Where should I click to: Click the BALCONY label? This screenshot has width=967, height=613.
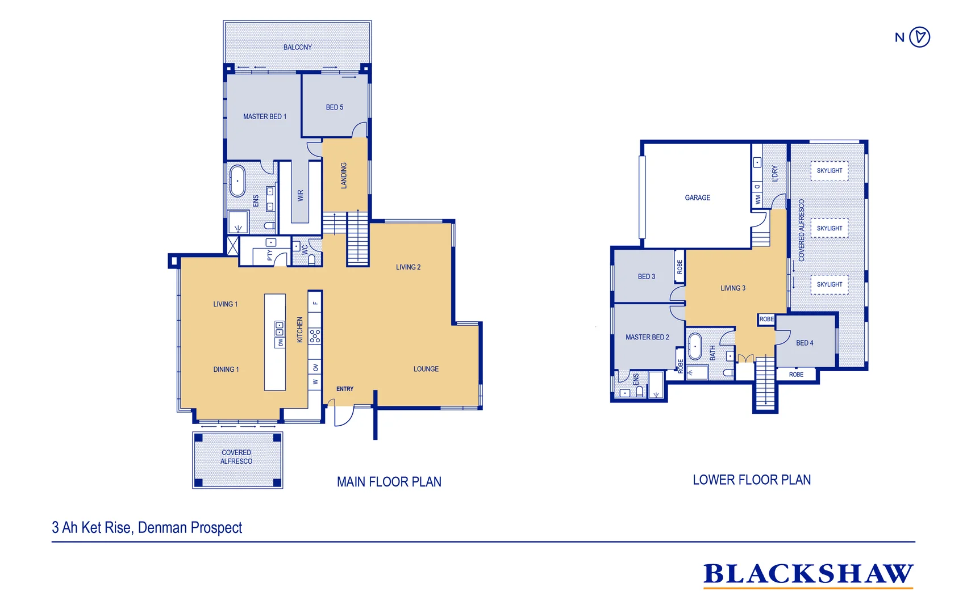coord(297,47)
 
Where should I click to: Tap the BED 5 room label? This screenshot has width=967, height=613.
coord(334,107)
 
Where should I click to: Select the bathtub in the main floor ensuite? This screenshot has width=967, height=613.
coord(237,180)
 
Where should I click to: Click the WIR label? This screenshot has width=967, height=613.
coord(301,195)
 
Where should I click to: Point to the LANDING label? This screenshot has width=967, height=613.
coord(344,175)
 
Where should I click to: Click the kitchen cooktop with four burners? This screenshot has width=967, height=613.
coord(315,336)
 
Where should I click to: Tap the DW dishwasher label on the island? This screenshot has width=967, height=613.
coord(280,342)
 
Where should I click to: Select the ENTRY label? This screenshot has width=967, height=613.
coord(344,389)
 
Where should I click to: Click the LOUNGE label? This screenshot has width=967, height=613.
coord(426,369)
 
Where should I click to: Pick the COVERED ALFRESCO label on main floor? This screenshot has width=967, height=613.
coord(236,457)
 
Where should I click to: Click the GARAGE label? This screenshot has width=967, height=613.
coord(697,198)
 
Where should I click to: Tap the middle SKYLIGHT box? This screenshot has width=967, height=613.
coord(829,228)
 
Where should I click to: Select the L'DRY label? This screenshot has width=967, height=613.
coord(774,174)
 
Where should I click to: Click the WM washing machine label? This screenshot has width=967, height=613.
coord(758,200)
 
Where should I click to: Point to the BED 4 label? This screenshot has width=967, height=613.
coord(804,343)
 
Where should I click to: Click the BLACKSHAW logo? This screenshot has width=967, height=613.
coord(808,574)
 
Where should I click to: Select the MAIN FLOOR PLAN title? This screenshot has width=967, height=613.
coord(389,482)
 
